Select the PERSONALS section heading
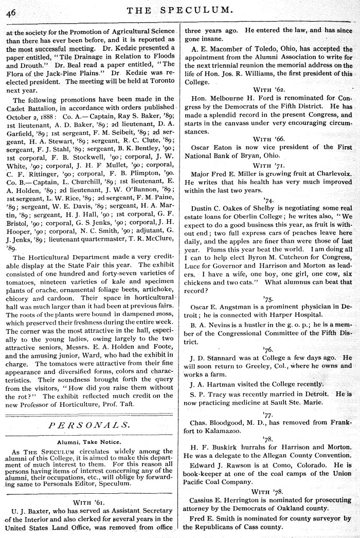point(90,425)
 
